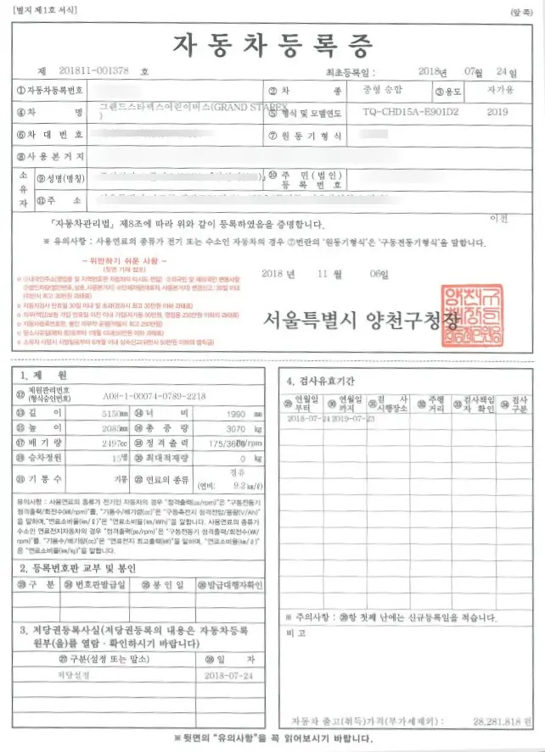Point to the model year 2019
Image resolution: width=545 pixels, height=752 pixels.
point(499,111)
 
